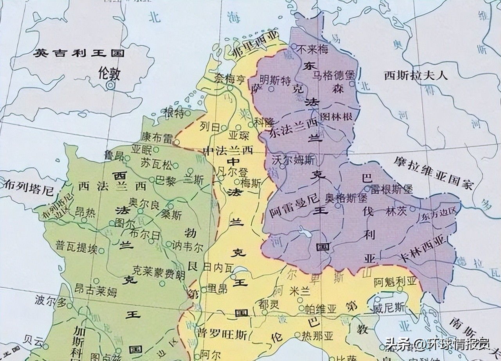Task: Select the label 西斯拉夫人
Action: coord(416,75)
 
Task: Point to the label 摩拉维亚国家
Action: coord(434,172)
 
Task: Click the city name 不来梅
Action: coord(312,50)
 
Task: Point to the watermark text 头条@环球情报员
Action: coord(437,345)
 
